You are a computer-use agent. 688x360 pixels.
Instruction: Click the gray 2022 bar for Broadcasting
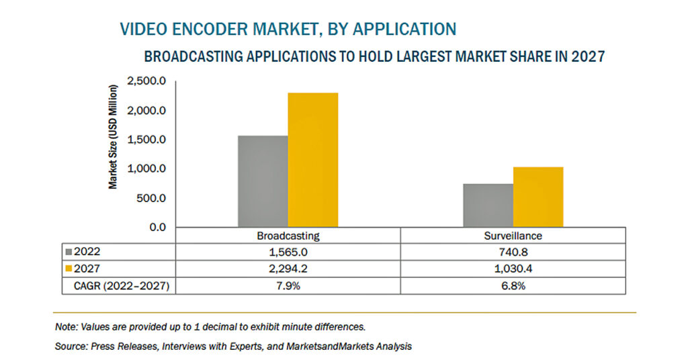[263, 181]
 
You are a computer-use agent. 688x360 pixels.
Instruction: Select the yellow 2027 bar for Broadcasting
[313, 160]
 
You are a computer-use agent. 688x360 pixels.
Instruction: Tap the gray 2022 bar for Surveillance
[488, 206]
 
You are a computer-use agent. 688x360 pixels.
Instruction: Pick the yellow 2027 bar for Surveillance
[538, 197]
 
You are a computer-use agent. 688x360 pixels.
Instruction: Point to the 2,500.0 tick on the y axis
[146, 81]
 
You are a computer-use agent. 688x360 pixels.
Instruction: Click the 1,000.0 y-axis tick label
[146, 169]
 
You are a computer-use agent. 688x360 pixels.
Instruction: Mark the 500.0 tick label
[151, 198]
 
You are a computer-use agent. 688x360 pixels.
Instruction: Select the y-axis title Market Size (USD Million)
[113, 137]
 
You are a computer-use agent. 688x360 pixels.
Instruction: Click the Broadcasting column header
[288, 236]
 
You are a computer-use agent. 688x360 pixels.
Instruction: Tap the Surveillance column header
[513, 236]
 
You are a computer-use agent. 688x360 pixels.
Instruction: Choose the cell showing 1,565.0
[288, 252]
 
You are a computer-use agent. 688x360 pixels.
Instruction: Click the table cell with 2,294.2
[288, 269]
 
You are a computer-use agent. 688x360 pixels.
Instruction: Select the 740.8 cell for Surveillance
[513, 252]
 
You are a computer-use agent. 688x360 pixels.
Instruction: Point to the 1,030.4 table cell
[513, 269]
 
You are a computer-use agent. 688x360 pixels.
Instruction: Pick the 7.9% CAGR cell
[288, 286]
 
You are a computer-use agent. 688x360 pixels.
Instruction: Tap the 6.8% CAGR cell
[513, 286]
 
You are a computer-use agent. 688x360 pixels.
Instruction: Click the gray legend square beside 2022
[69, 252]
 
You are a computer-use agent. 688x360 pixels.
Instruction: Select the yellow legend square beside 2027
[69, 269]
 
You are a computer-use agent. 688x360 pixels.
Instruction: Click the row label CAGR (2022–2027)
[122, 286]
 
